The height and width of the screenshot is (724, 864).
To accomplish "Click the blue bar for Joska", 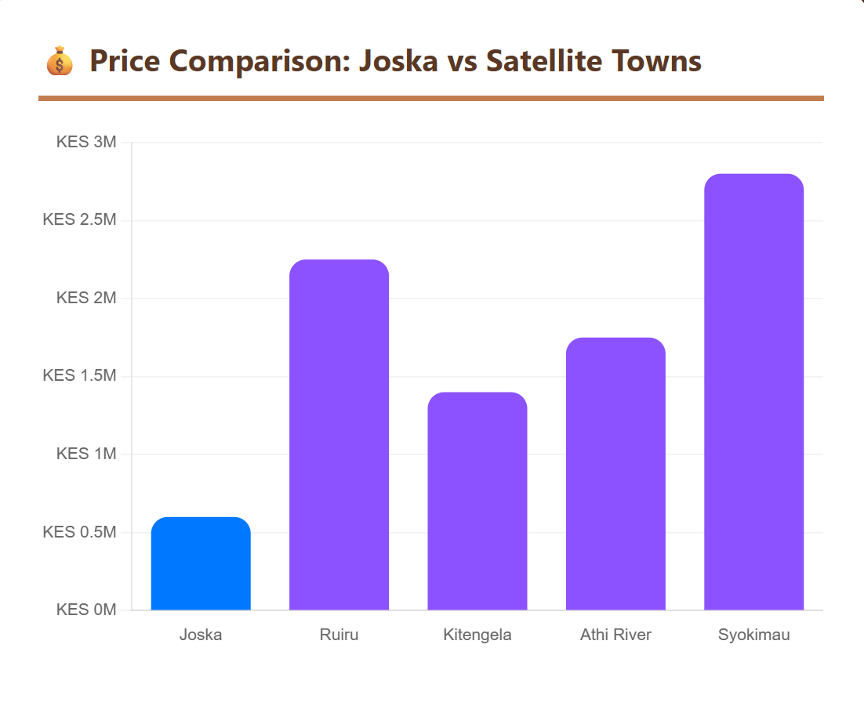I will tap(201, 563).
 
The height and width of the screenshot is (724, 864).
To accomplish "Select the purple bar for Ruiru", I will tap(339, 435).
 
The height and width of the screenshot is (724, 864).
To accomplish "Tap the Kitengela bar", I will tap(477, 501).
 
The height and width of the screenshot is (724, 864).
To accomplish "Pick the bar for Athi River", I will tap(615, 474).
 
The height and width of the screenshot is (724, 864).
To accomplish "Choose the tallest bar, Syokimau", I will tap(753, 392).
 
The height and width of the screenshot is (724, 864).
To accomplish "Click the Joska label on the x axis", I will tap(201, 635).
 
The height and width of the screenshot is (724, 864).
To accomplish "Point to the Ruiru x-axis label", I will tap(339, 635).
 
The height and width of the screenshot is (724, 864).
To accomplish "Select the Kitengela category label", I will tap(477, 635).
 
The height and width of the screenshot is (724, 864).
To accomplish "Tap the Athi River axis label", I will tap(615, 635).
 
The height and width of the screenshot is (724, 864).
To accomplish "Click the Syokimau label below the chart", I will tap(753, 635).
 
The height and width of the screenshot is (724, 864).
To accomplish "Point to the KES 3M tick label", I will tap(86, 143).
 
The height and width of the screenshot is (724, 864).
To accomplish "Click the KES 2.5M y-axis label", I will tap(79, 220).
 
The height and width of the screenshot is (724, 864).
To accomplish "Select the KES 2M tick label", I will tap(86, 299).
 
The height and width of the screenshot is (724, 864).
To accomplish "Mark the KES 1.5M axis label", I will tap(79, 376).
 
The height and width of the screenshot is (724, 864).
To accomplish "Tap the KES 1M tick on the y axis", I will tap(86, 454).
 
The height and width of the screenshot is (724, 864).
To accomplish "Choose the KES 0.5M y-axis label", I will tap(79, 532).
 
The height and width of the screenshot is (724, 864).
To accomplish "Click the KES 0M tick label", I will tap(86, 610).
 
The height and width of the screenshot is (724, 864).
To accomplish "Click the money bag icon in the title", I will tap(60, 61).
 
